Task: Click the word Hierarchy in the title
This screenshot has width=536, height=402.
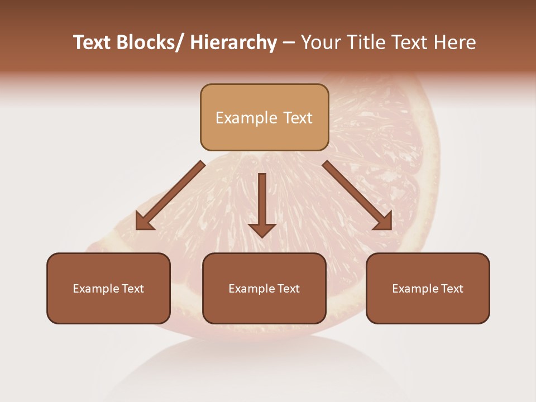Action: (233, 43)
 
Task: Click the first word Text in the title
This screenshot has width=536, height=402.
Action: (93, 43)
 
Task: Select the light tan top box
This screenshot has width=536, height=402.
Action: (264, 117)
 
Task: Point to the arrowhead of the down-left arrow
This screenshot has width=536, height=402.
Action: (144, 222)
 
